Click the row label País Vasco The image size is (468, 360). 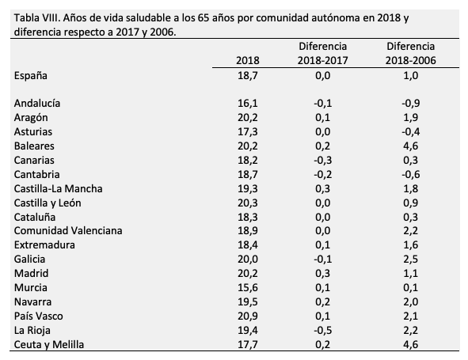(39, 316)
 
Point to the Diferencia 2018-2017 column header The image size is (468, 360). (322, 53)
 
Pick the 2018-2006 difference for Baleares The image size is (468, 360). (411, 146)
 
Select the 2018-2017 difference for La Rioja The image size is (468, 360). (322, 330)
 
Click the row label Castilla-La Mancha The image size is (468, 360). (59, 188)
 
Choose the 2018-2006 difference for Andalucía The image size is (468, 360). (409, 103)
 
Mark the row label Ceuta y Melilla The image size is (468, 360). (49, 344)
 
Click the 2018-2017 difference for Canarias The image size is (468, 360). (322, 160)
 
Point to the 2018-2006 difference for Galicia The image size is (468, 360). (411, 259)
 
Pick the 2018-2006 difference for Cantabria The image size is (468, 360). (409, 174)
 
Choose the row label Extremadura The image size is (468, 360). (46, 244)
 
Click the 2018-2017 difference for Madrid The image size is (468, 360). (323, 273)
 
